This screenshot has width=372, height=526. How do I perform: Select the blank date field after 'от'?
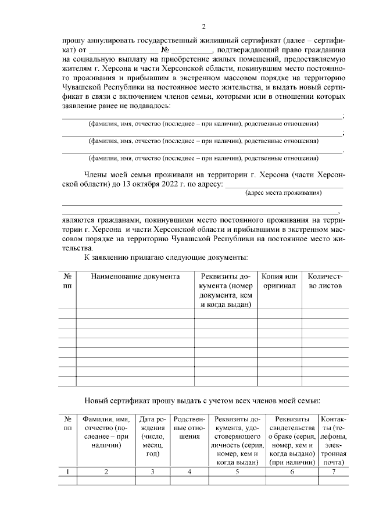[120, 51]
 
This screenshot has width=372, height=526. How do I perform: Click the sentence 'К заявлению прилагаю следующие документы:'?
[166, 256]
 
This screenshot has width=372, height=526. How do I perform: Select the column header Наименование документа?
[135, 277]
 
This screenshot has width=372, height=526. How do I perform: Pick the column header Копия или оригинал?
[280, 281]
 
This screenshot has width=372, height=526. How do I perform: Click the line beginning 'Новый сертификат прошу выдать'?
[203, 400]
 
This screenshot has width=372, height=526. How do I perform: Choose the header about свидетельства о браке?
[292, 441]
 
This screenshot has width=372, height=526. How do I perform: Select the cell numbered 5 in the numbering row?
[237, 471]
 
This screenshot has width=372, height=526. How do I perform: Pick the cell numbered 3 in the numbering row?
[152, 471]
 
